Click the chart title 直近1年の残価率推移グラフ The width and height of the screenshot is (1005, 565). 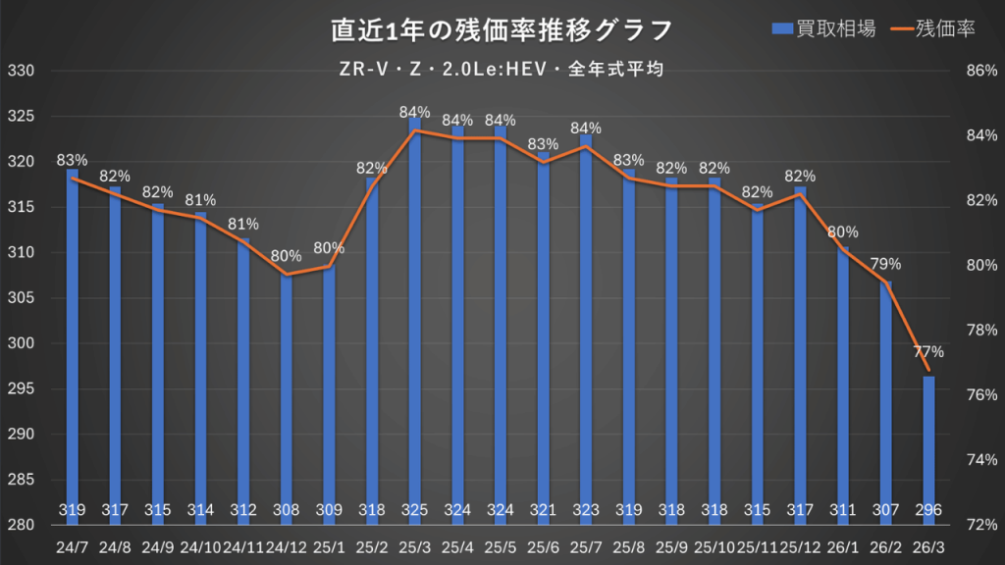point(502,30)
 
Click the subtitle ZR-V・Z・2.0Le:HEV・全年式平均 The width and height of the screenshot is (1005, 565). point(502,70)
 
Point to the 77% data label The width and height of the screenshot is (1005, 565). point(928,351)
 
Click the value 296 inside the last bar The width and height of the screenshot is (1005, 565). point(928,510)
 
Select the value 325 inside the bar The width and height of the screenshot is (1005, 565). point(415,510)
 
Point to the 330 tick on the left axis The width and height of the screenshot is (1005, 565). point(21,71)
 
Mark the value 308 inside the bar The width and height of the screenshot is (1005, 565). point(287,510)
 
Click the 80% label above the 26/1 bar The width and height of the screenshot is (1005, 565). point(843,232)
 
